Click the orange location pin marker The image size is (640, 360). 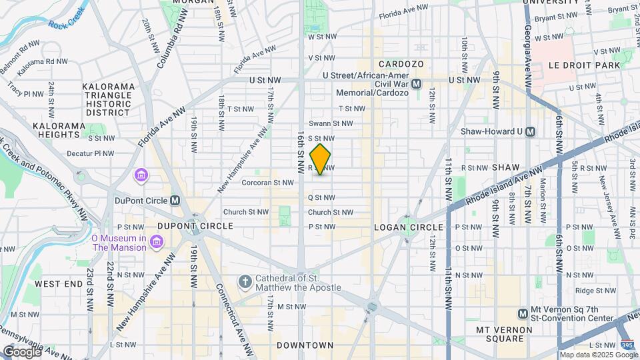click(321, 159)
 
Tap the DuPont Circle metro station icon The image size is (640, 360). click(175, 200)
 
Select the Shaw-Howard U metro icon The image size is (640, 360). click(531, 131)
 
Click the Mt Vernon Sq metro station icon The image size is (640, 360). click(524, 313)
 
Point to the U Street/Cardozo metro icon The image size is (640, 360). click(417, 83)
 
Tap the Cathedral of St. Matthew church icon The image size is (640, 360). click(245, 282)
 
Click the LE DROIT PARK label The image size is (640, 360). click(584, 65)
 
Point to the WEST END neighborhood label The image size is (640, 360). click(58, 284)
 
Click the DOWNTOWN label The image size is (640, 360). click(305, 345)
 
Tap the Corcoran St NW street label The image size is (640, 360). click(267, 182)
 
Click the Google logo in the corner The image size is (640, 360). click(21, 351)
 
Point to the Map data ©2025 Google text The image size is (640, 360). click(597, 354)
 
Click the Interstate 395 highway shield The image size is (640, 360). click(627, 345)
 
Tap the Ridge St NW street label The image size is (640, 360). click(593, 290)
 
